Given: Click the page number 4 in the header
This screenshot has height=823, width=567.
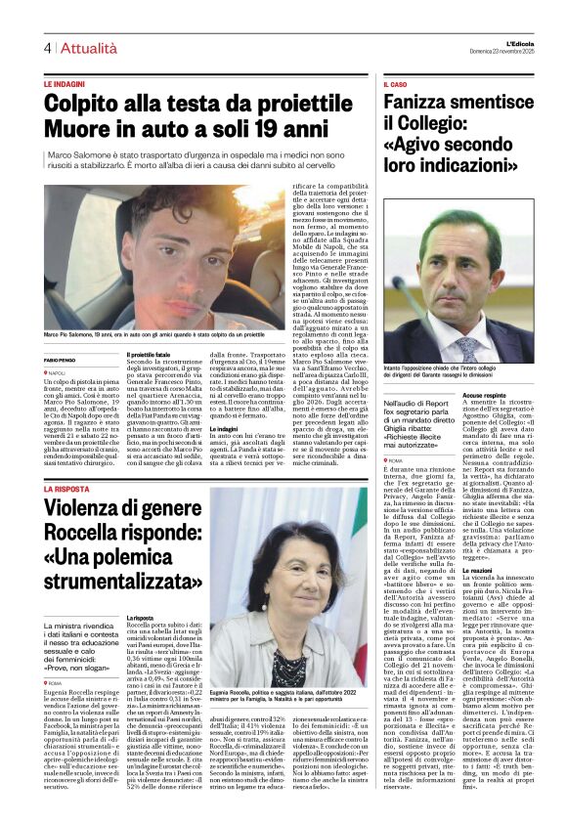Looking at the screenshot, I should point(47,48).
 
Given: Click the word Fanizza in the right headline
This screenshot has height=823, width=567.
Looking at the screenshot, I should point(421,104).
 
